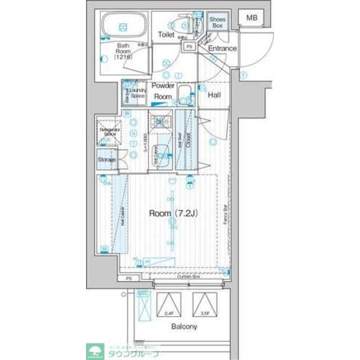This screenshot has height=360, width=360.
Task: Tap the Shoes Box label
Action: (217, 22)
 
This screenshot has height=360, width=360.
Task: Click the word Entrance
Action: (223, 48)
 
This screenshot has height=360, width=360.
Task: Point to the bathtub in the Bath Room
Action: (123, 26)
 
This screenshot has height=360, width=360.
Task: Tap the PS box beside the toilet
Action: (190, 47)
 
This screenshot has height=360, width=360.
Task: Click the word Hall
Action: (214, 96)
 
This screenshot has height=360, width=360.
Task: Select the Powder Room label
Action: (163, 91)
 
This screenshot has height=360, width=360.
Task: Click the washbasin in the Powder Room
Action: (184, 93)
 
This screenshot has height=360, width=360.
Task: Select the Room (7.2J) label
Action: (172, 213)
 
